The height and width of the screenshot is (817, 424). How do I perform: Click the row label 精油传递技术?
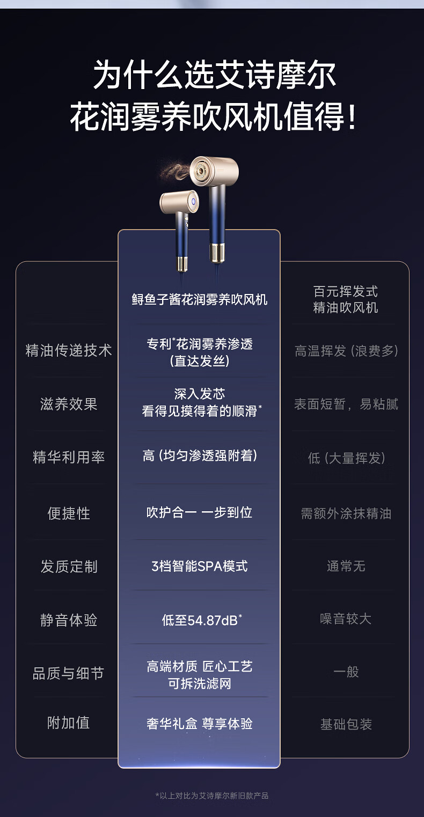pyautogui.click(x=69, y=351)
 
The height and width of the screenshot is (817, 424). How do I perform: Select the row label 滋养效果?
pyautogui.click(x=69, y=404)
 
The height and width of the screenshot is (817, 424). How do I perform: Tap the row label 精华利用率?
pyautogui.click(x=69, y=457)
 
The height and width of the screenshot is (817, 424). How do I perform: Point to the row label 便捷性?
pyautogui.click(x=69, y=513)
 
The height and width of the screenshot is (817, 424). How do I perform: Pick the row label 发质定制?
pyautogui.click(x=69, y=566)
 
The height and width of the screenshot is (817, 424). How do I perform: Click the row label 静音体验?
pyautogui.click(x=69, y=620)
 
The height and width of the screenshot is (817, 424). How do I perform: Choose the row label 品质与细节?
pyautogui.click(x=69, y=673)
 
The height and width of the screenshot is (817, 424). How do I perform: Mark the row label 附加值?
pyautogui.click(x=69, y=723)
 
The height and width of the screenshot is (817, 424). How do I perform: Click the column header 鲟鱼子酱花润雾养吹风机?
pyautogui.click(x=199, y=299)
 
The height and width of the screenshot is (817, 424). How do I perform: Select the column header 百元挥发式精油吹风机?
pyautogui.click(x=346, y=299)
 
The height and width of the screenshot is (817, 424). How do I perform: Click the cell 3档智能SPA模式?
pyautogui.click(x=199, y=566)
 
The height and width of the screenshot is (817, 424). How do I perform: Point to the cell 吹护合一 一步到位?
pyautogui.click(x=199, y=513)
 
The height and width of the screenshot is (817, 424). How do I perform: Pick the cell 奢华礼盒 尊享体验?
pyautogui.click(x=199, y=724)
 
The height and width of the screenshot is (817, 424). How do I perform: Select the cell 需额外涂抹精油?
pyautogui.click(x=346, y=514)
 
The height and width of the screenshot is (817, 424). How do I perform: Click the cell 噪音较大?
pyautogui.click(x=346, y=619)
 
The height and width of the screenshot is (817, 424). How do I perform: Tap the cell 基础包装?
pyautogui.click(x=346, y=724)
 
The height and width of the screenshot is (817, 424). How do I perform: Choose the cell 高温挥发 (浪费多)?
pyautogui.click(x=346, y=351)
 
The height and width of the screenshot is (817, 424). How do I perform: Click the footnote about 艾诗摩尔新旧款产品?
pyautogui.click(x=211, y=796)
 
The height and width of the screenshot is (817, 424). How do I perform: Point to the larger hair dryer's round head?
pyautogui.click(x=214, y=171)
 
